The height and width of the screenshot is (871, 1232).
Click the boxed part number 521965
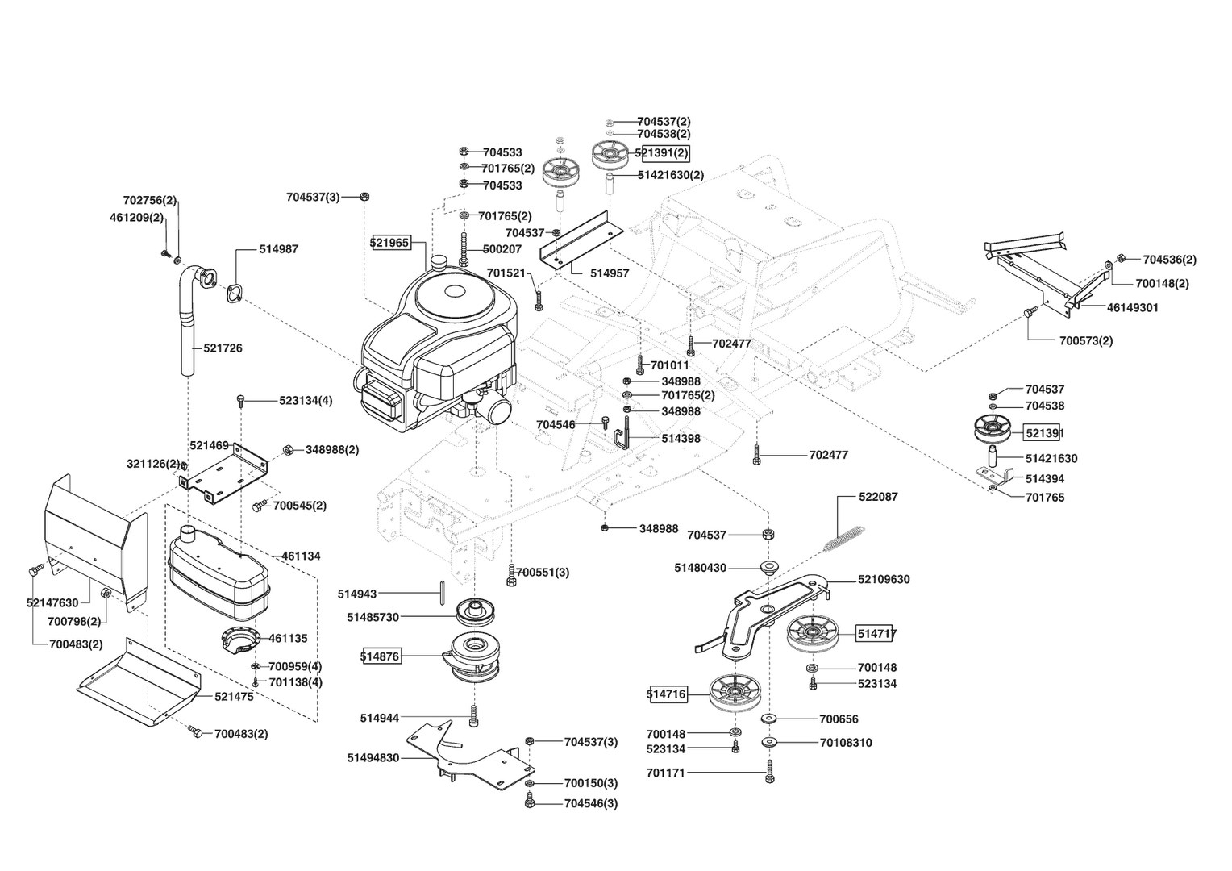(390, 242)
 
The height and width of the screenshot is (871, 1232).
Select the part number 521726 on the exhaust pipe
(223, 348)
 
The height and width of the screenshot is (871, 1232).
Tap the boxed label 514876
(380, 656)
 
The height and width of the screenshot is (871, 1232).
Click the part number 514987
(278, 249)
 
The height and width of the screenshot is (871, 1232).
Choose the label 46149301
(1133, 307)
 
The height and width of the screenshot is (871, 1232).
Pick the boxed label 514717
(876, 634)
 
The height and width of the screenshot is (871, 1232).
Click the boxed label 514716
(667, 693)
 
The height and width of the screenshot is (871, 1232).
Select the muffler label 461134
(301, 556)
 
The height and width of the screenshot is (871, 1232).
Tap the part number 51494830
(373, 758)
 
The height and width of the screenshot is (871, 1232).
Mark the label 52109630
(884, 579)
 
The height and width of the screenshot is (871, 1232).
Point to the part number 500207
(502, 249)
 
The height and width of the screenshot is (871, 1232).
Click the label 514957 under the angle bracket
(609, 273)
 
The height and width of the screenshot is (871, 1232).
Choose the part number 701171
(665, 773)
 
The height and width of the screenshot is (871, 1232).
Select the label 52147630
(52, 602)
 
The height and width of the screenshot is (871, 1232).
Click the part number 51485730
(373, 617)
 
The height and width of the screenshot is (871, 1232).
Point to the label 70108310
(846, 743)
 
